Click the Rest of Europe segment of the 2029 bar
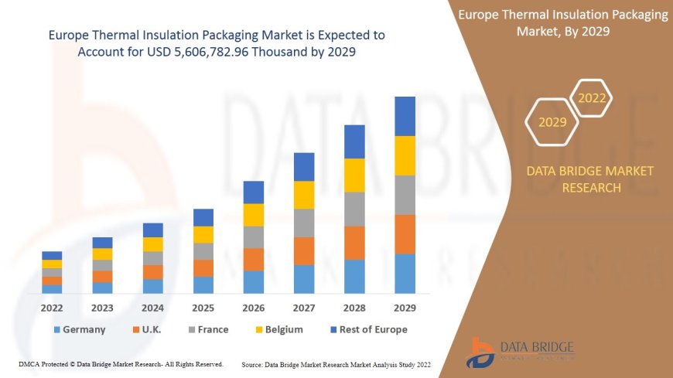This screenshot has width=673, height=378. pos(405,116)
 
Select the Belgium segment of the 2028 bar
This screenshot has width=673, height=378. pos(354,175)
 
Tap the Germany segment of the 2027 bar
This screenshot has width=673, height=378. pos(304,279)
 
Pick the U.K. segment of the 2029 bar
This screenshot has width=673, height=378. pos(405,234)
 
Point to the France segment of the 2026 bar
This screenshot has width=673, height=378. pos(254,237)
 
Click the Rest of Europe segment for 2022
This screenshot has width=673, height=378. pos(52,255)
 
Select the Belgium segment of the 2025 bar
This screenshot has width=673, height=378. pos(203,234)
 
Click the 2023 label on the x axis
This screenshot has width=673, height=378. pos(102,307)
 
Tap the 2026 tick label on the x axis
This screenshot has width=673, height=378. pos(254,307)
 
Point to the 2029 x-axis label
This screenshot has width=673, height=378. pos(405,307)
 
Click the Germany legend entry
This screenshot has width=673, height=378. pos(79,329)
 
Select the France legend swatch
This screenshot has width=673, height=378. pos(191,329)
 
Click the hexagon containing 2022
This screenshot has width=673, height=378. pos(592,98)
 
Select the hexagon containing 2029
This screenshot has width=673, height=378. pos(552,122)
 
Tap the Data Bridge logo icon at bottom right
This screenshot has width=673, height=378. pos(481,352)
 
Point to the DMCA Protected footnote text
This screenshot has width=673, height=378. pos(120,363)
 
